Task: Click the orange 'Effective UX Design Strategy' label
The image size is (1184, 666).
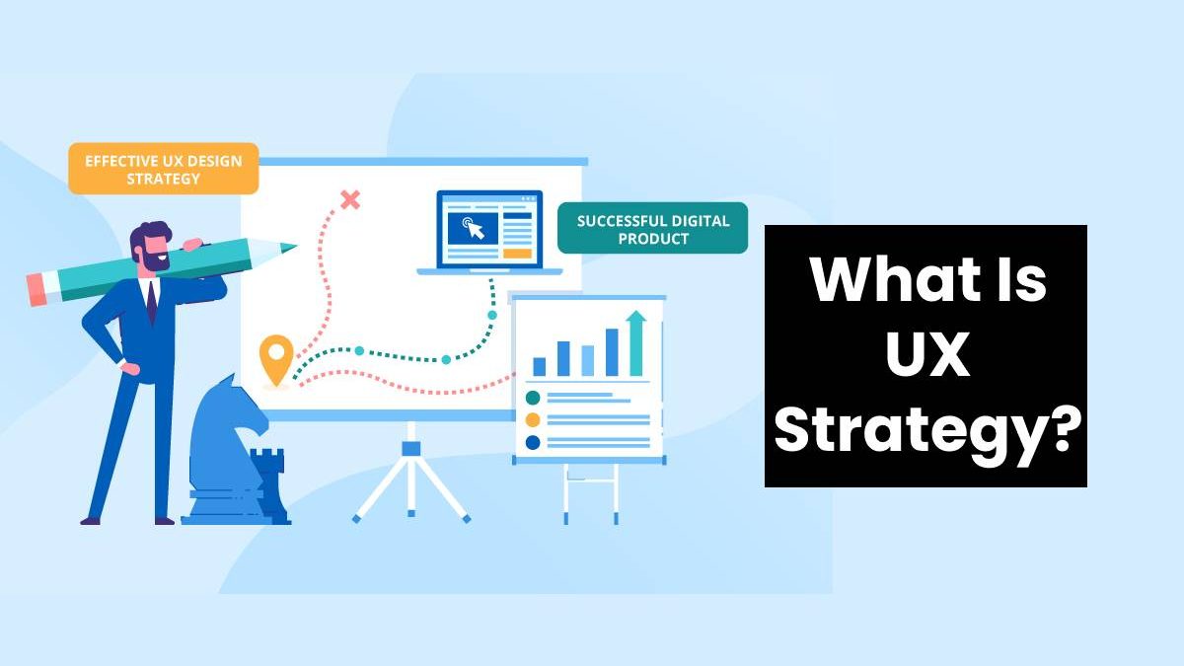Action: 163,169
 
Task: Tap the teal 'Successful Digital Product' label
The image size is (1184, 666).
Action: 652,229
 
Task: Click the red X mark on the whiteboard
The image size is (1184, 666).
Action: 349,200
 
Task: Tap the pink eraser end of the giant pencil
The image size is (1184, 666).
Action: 37,288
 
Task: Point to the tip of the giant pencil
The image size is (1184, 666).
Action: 290,247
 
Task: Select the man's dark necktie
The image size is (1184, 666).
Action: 150,302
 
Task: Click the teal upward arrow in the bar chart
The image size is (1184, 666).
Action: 636,341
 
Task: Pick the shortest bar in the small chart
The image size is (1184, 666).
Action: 540,365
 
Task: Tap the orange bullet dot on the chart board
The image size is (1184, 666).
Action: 533,419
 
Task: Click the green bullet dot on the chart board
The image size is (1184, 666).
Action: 533,398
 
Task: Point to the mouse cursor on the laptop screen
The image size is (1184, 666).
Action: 475,230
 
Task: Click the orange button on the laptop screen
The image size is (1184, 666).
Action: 517,254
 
